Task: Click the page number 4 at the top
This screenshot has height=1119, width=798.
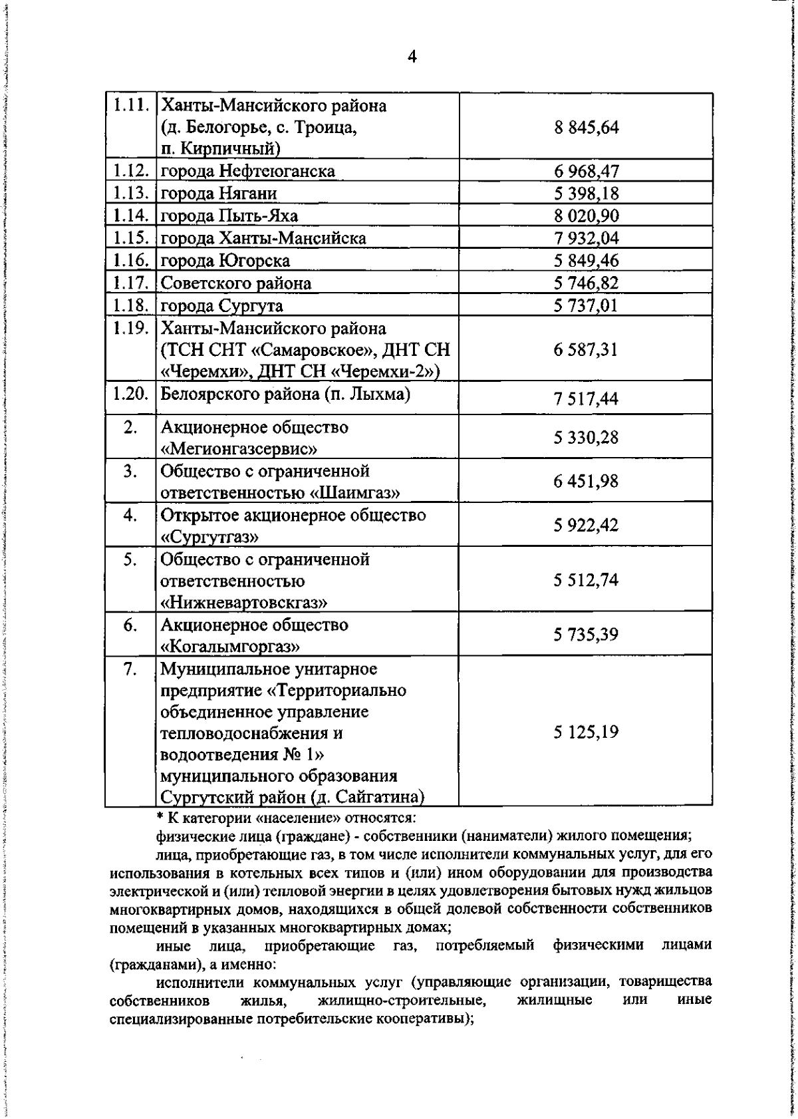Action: point(412,57)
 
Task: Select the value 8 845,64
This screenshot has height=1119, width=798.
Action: point(586,127)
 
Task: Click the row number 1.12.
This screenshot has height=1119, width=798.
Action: point(130,171)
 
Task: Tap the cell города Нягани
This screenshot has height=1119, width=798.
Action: point(219,194)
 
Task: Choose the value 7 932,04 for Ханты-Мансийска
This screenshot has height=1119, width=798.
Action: point(586,238)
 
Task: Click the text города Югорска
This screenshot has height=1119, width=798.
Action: point(225,261)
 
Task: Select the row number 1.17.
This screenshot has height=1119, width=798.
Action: point(130,283)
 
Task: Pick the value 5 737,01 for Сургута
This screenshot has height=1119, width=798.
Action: point(586,306)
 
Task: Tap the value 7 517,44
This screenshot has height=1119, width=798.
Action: point(586,399)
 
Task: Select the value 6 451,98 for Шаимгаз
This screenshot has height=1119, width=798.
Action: point(586,481)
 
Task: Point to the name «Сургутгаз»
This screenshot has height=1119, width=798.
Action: point(209,537)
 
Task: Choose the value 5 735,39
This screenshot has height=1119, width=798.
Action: point(586,635)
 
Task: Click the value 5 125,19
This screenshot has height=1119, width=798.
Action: point(586,732)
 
